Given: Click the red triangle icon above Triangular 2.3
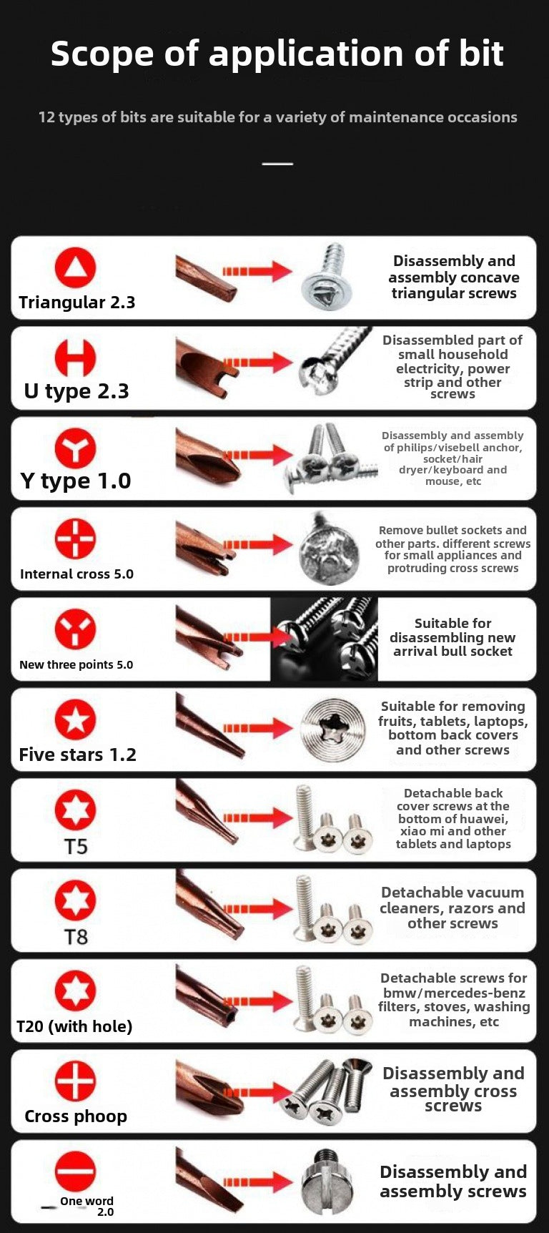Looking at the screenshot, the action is pyautogui.click(x=75, y=267).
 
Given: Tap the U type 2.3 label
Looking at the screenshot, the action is pyautogui.click(x=76, y=391).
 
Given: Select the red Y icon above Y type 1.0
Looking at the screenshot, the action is pyautogui.click(x=75, y=448).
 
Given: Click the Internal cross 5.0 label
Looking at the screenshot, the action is pyautogui.click(x=76, y=574).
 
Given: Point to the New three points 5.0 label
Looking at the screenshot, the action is pyautogui.click(x=76, y=664).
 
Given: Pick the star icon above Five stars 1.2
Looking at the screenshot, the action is pyautogui.click(x=75, y=719).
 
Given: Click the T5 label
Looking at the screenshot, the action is pyautogui.click(x=76, y=847).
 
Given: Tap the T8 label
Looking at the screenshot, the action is pyautogui.click(x=76, y=937).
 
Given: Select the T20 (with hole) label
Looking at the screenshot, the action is pyautogui.click(x=74, y=1027).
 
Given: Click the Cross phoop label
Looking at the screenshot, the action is pyautogui.click(x=76, y=1116).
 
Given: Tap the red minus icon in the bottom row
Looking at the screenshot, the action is pyautogui.click(x=75, y=1171).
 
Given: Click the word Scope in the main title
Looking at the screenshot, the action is pyautogui.click(x=102, y=54).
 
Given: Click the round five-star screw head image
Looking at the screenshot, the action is pyautogui.click(x=333, y=730).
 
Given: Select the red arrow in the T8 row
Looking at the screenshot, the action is pyautogui.click(x=258, y=909).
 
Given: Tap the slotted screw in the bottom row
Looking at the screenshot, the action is pyautogui.click(x=328, y=1182).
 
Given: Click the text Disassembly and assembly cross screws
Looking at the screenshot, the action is pyautogui.click(x=453, y=1089).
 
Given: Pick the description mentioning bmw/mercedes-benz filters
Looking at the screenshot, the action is pyautogui.click(x=454, y=999).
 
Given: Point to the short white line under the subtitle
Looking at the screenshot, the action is pyautogui.click(x=277, y=164).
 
